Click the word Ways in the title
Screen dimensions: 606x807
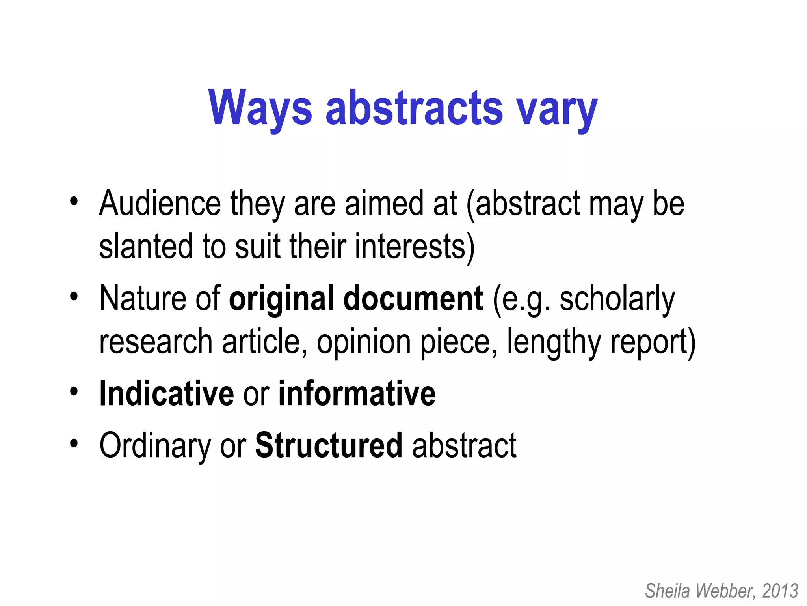(x=260, y=108)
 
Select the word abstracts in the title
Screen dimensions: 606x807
(x=414, y=108)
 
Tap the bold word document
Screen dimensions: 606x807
(x=413, y=299)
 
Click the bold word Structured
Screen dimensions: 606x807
(x=329, y=445)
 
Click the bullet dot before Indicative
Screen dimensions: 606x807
(x=74, y=392)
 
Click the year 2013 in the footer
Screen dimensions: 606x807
(x=780, y=591)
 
